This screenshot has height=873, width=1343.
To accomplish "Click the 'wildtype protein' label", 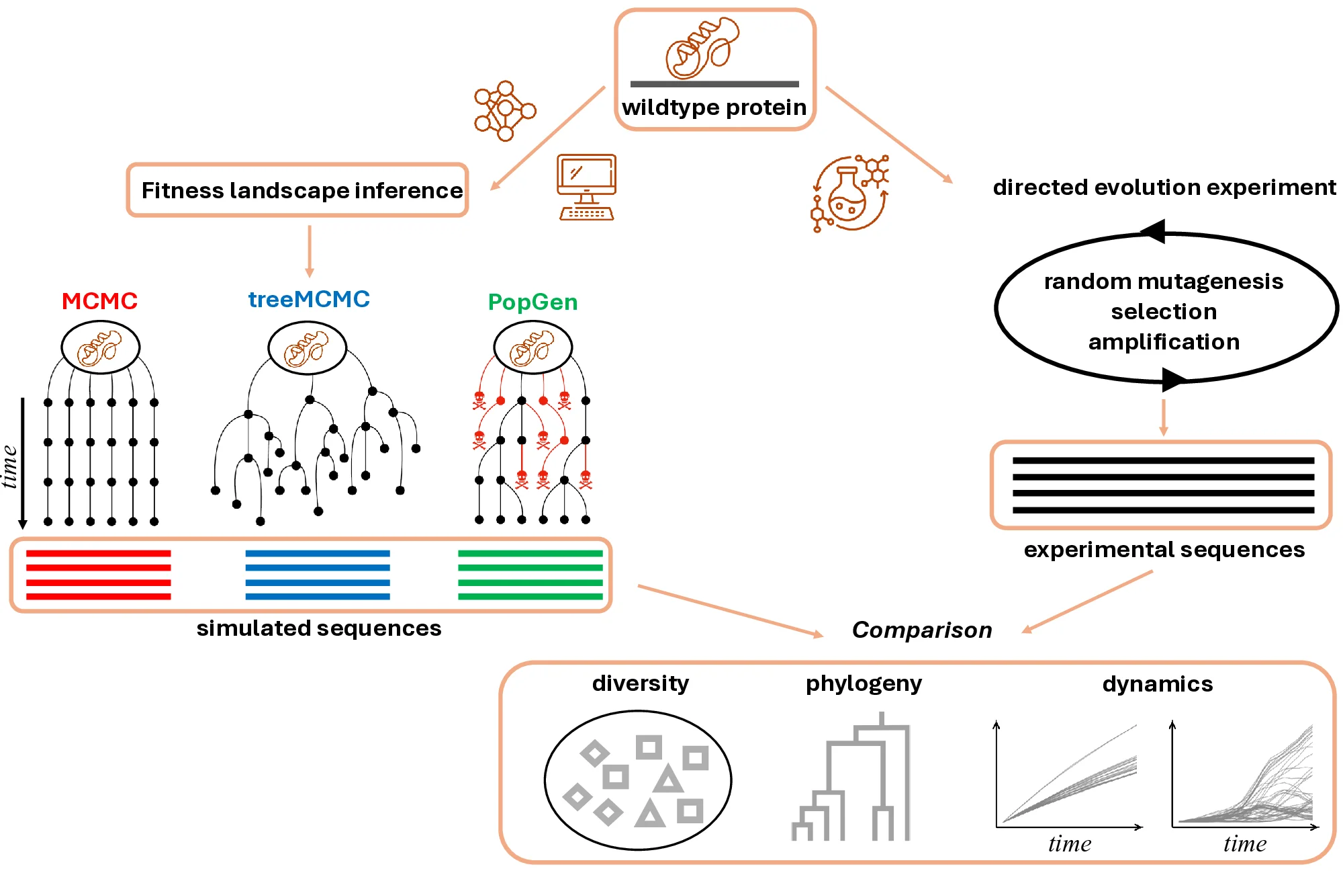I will point(714,108).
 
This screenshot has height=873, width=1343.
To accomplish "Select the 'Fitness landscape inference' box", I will point(297,190).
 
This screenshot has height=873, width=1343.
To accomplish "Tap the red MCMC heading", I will point(99,301).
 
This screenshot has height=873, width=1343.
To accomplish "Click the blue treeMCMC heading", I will point(309,299).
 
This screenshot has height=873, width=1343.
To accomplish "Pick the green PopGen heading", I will point(532,302).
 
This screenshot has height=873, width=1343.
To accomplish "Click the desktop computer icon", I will point(586,187).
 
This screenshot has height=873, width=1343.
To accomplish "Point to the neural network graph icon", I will point(504,111).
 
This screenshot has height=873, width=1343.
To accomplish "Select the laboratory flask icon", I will point(849,194).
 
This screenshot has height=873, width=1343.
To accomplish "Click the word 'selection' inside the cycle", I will point(1164,312).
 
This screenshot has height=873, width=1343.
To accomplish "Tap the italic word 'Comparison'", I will point(921,630).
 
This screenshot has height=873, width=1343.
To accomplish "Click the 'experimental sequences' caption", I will point(1164,550).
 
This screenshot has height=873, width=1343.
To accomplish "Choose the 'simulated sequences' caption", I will point(318,628).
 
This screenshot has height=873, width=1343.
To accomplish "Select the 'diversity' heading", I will point(640,683).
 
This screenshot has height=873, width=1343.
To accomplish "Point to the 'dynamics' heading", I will point(1157,684).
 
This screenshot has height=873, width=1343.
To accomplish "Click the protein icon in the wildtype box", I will point(702,48).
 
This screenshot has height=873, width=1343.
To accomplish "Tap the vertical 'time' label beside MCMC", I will point(9,466).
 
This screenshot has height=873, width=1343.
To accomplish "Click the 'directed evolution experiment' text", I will point(1164,188).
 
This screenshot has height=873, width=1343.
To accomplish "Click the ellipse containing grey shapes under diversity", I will point(637,780).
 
